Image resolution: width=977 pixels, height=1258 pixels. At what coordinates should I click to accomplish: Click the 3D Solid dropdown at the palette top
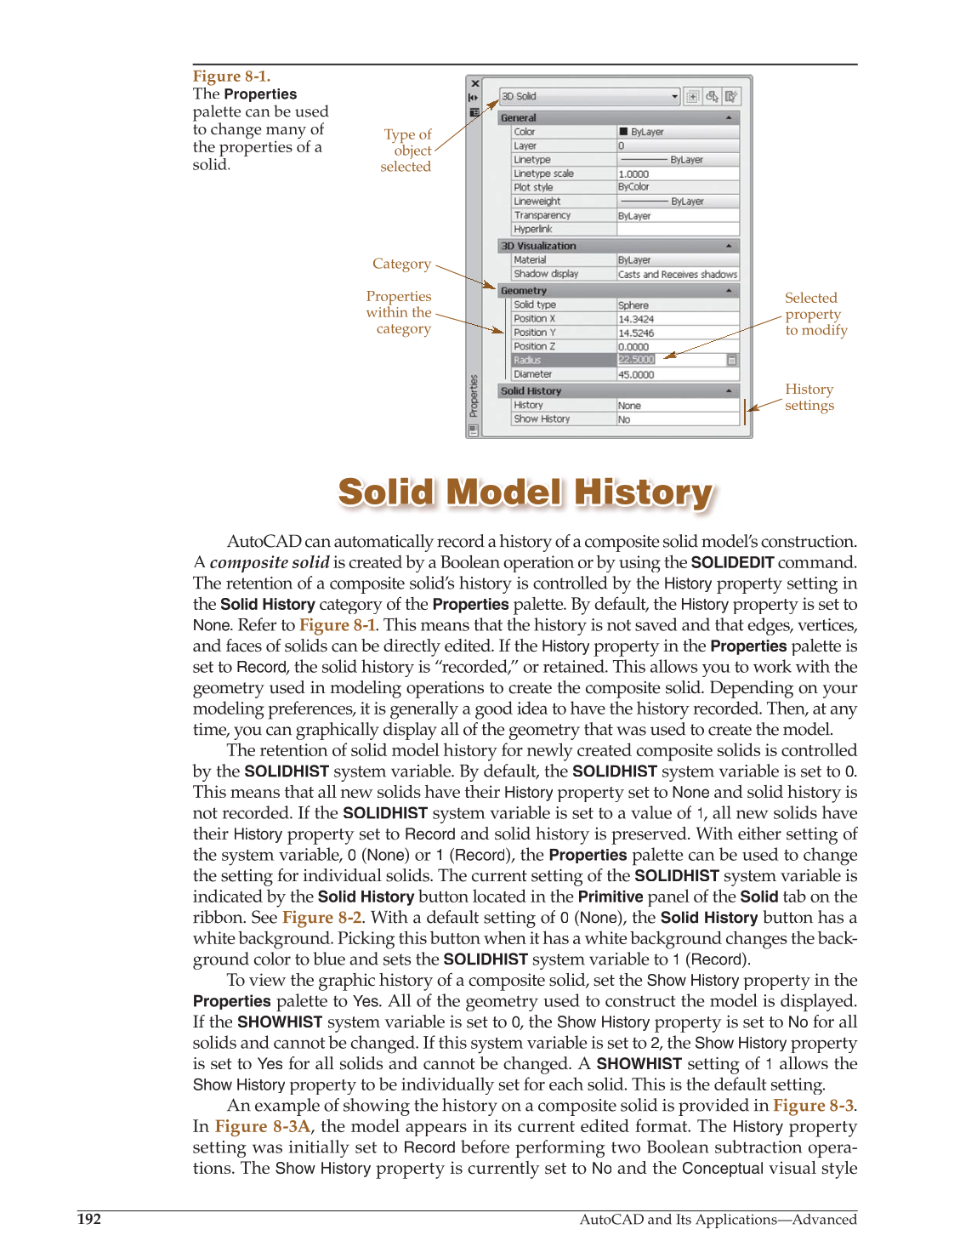click(589, 96)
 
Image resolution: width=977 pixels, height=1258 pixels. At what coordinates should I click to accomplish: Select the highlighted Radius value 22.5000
click(636, 360)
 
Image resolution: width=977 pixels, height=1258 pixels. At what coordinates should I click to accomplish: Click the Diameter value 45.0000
click(636, 374)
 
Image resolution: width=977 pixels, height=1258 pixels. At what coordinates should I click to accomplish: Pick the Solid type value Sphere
click(633, 305)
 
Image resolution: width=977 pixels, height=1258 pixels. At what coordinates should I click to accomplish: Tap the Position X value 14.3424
click(636, 319)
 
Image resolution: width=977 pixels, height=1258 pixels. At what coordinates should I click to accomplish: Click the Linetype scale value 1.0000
click(633, 174)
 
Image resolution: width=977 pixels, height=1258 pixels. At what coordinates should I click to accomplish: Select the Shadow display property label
click(546, 274)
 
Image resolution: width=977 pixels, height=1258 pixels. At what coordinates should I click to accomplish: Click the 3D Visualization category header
click(538, 246)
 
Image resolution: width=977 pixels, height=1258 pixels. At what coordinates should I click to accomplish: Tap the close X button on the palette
click(475, 83)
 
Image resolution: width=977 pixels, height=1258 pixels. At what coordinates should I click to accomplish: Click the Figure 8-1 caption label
click(231, 77)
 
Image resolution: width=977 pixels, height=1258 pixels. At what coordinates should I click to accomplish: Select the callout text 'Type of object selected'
click(406, 151)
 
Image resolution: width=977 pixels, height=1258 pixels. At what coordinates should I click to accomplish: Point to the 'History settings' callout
click(809, 397)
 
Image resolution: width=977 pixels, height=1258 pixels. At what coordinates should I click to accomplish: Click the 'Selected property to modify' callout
click(815, 314)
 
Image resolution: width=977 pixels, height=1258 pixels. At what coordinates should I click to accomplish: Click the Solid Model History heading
click(525, 492)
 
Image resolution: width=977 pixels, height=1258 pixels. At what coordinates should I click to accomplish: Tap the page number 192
click(89, 1219)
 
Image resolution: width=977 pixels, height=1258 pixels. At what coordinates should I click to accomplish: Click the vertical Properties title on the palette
click(474, 397)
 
